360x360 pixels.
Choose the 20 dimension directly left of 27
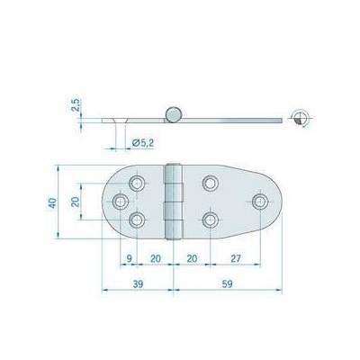192,257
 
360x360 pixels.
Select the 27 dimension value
234,257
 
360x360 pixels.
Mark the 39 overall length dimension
137,284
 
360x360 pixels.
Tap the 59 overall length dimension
227,284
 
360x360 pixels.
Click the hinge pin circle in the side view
173,113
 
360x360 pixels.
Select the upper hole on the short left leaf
138,184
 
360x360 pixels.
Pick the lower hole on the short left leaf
138,218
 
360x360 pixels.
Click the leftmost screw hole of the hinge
121,201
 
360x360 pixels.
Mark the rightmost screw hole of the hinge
259,201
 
